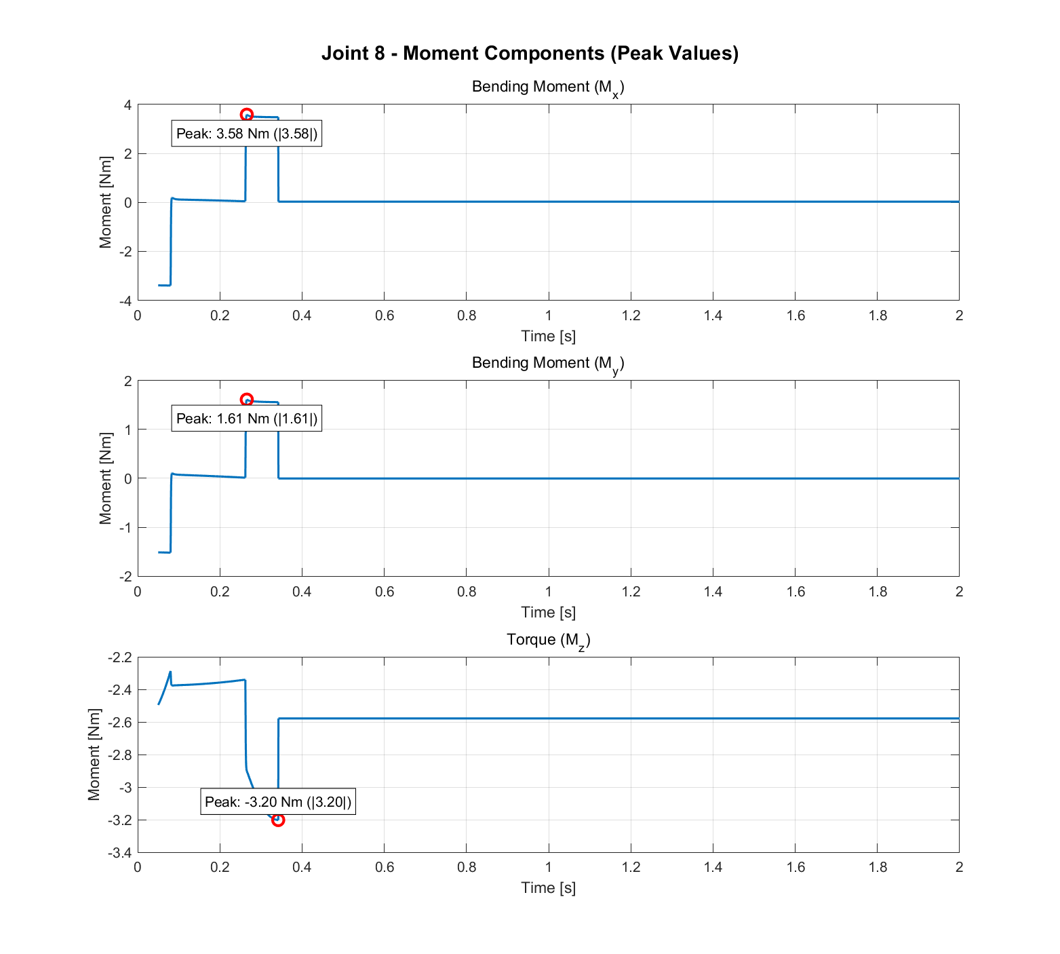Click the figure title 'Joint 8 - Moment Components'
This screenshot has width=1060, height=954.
[x=530, y=53]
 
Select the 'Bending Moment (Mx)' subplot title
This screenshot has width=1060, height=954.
[x=547, y=88]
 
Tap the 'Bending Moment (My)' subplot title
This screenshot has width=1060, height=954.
[x=547, y=364]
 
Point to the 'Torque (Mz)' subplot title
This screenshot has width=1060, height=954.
[x=548, y=640]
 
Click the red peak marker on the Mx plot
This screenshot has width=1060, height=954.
[x=247, y=115]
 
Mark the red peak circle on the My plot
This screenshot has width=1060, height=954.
[x=247, y=400]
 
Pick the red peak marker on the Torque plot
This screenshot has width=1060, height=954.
[x=278, y=820]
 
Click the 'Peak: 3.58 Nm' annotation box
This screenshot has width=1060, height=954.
[x=247, y=134]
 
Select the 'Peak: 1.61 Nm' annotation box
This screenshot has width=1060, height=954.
[x=247, y=419]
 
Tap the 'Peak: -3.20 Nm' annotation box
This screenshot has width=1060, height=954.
[x=278, y=802]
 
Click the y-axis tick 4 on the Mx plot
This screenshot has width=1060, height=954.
[x=127, y=105]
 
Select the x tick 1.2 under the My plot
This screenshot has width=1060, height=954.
[x=631, y=592]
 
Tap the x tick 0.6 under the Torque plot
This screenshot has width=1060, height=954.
[x=385, y=867]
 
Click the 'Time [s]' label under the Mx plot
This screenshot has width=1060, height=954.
[x=548, y=336]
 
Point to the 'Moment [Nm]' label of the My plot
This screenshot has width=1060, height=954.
[x=105, y=478]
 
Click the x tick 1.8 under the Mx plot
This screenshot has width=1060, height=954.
[x=877, y=316]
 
